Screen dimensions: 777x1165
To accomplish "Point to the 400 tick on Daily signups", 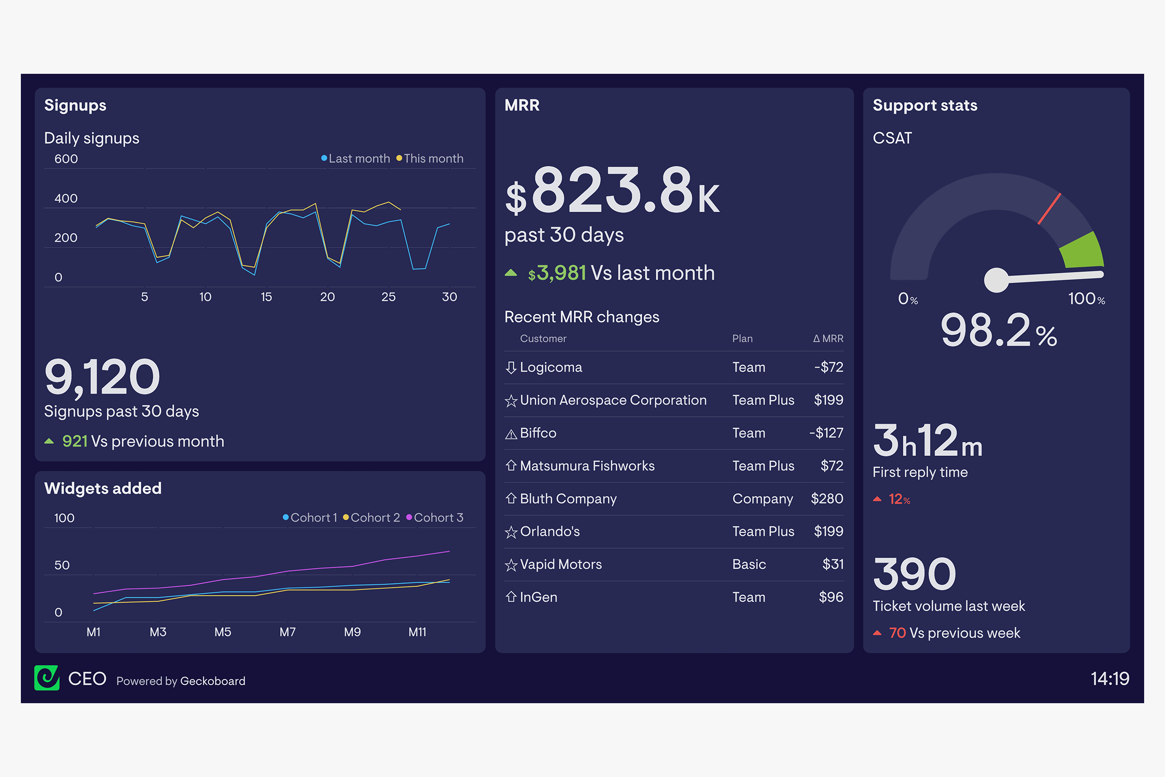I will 66,198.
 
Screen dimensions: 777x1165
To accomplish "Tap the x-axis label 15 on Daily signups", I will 266,297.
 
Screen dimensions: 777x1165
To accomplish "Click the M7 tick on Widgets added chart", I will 287,632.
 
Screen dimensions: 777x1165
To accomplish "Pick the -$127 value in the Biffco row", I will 826,433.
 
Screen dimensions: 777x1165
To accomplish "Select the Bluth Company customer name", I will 568,499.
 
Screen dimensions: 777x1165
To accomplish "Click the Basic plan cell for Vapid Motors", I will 749,564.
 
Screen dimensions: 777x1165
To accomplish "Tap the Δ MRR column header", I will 828,338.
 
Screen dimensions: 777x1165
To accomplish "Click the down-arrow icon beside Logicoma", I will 511,367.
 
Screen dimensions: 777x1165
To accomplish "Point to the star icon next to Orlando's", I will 511,532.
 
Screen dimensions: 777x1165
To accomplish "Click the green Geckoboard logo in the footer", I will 47,678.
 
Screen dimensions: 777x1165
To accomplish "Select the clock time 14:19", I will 1110,678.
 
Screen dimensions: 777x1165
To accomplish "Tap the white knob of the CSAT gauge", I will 996,280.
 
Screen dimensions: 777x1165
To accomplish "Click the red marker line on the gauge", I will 1049,209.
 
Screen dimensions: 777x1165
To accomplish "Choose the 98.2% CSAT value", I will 998,331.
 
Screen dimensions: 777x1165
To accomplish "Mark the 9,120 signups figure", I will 102,377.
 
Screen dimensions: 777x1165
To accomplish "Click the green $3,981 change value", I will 557,273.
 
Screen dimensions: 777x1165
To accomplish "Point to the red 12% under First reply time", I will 899,499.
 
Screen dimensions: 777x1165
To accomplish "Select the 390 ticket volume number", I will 915,574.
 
